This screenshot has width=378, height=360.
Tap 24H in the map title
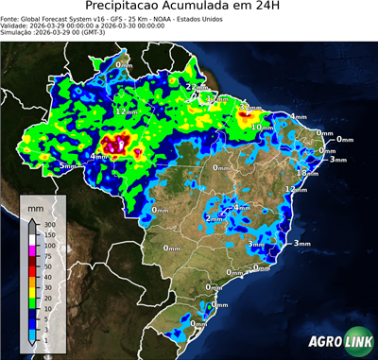(278, 9)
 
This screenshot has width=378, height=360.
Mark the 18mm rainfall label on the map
(306, 173)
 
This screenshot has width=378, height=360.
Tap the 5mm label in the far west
(67, 165)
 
